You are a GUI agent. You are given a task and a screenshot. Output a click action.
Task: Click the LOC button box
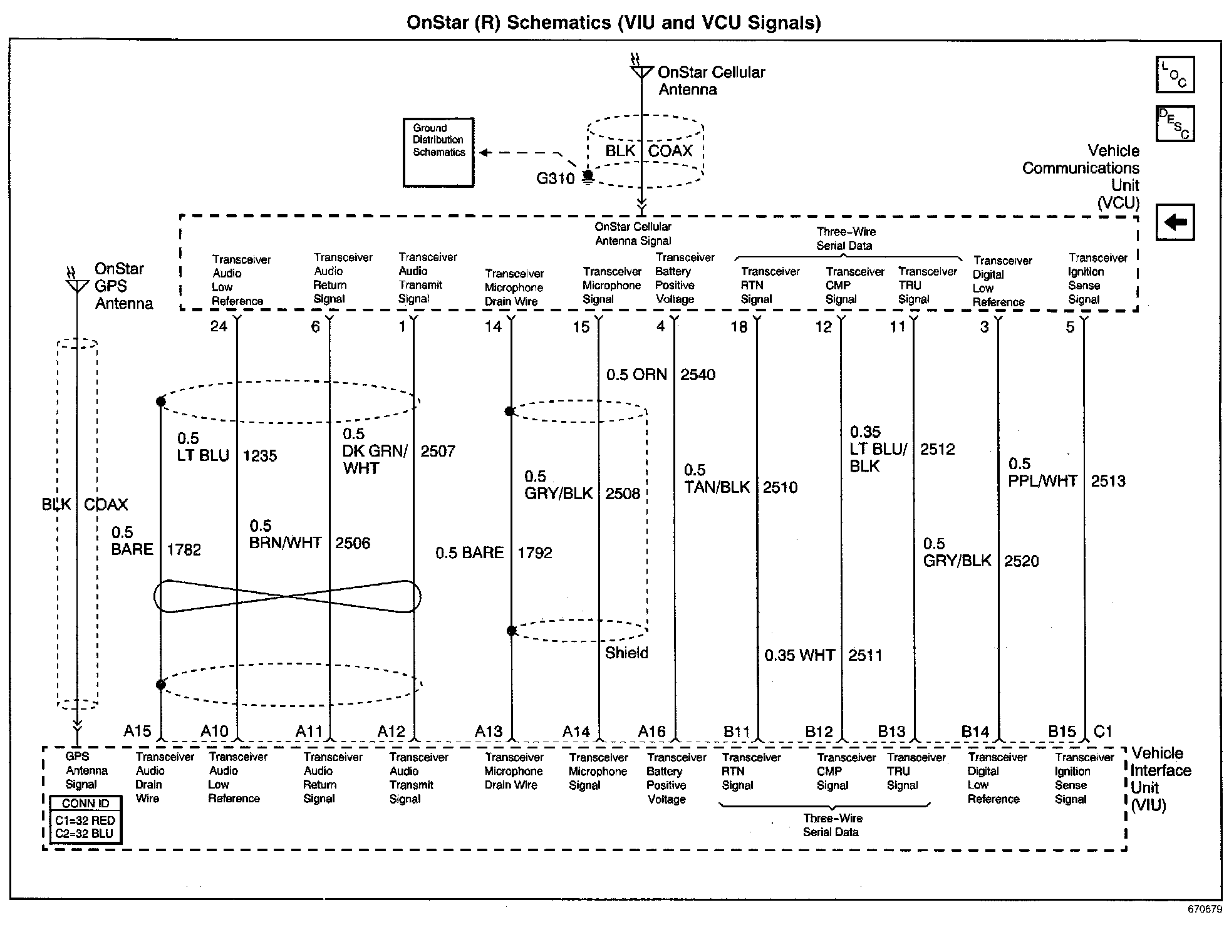coord(1175,75)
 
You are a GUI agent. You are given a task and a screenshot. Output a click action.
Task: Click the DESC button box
coord(1175,123)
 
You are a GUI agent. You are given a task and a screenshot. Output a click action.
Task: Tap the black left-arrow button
coord(1175,222)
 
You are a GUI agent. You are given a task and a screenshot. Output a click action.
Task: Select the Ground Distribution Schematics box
coord(438,152)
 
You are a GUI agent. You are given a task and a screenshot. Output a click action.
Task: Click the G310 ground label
coord(555,179)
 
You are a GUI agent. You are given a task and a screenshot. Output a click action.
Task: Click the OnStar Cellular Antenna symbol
coord(641,71)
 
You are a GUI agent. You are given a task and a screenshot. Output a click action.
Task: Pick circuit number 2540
coord(698,375)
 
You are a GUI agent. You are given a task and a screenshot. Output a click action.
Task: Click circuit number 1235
coord(260,455)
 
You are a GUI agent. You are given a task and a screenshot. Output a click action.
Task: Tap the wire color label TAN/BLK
coord(717,487)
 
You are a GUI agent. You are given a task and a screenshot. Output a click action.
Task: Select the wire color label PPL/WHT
coord(1042,481)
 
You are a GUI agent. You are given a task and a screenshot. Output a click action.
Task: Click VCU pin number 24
coord(219,326)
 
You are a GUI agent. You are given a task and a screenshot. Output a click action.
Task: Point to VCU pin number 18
coord(739,326)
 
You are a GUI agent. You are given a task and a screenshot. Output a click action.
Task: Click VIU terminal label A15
coord(137,731)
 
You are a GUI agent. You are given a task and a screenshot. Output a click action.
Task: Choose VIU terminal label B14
coord(975,732)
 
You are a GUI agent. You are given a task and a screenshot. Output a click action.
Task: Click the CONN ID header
coord(85,804)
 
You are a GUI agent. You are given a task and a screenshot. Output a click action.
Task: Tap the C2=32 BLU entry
coord(85,834)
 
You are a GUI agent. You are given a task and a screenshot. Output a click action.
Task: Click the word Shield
coord(626,653)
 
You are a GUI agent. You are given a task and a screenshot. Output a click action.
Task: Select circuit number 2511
coord(865,655)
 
